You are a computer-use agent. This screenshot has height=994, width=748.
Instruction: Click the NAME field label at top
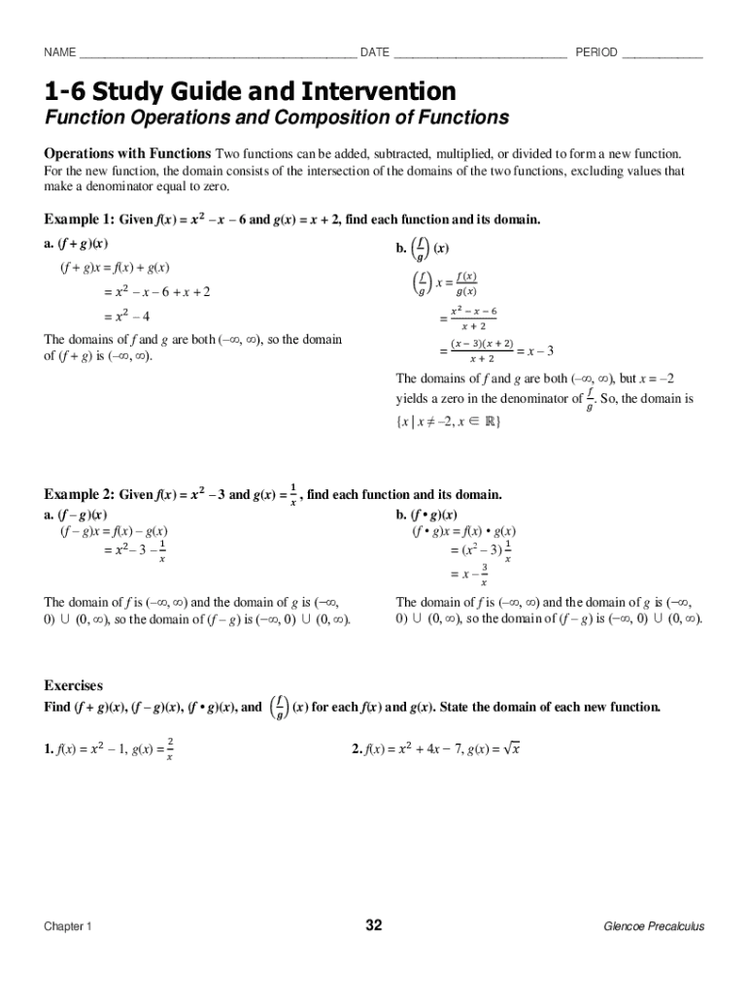coord(60,52)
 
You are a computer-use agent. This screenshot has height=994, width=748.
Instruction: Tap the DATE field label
coord(375,52)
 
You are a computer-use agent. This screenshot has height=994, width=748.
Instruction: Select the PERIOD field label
coord(596,52)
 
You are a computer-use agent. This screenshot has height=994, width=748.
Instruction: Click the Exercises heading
coord(74,685)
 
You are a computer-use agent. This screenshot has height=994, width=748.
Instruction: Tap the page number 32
coord(374,926)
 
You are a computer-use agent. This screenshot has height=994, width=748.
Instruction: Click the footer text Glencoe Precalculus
coord(654,927)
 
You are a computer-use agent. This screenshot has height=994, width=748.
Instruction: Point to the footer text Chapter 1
coord(68,927)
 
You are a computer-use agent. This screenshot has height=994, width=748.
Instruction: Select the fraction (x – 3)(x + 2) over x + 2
coord(475,351)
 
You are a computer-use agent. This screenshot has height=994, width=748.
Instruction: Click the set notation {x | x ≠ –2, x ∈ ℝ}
coord(449,422)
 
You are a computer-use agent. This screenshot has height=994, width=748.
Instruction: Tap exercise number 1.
coord(49,749)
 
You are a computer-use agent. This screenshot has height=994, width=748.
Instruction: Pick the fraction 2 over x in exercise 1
coord(170,749)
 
